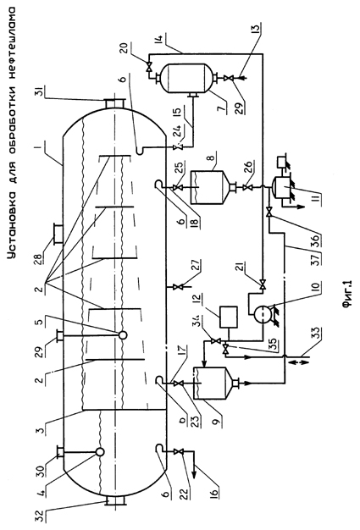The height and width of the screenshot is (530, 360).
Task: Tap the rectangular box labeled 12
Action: pos(228,317)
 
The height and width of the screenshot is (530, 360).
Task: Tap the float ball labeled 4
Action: pos(100,451)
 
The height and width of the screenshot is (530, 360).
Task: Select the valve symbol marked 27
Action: pos(177,287)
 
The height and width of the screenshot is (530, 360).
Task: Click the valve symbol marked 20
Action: pos(148,65)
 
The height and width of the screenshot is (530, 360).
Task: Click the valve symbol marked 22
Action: pos(177,452)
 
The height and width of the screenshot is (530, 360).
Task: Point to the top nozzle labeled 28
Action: pos(58,234)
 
